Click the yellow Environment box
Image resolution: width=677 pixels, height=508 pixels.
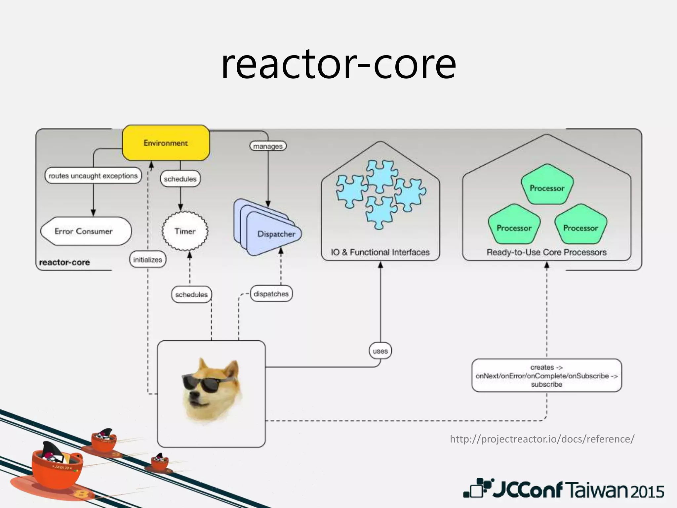coord(166,143)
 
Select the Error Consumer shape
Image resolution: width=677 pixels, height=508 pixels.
coord(85,231)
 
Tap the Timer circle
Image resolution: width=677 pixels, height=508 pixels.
coord(185,231)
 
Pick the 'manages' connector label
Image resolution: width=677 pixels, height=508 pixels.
coord(268,146)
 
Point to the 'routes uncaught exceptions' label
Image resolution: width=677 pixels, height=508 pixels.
coord(93,176)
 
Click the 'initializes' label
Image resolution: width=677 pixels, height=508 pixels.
coord(147,260)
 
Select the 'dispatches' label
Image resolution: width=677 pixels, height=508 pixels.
coord(271,294)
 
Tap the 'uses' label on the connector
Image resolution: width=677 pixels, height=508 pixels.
coord(380,351)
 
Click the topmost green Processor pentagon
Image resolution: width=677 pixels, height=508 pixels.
coord(547,187)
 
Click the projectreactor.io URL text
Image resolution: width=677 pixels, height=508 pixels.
coord(542,439)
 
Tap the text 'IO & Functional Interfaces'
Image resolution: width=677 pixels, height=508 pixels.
coord(380,252)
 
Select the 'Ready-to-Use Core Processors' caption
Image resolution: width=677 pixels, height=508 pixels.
coord(546,252)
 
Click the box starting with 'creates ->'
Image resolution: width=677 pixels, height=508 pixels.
coord(546,376)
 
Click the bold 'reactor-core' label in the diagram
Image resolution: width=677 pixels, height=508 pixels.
coord(64,262)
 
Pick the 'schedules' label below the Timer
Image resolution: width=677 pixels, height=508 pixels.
coord(191,294)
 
